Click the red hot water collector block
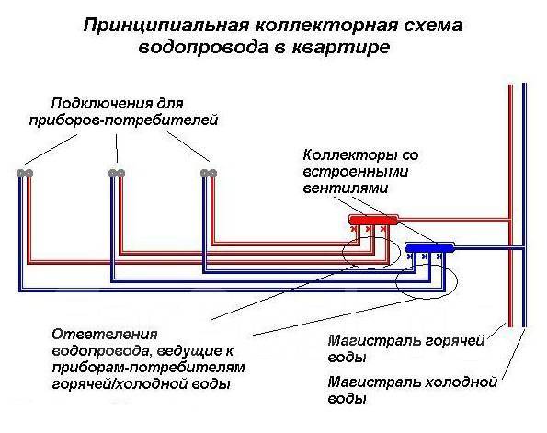coord(373,220)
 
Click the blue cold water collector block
coord(430,247)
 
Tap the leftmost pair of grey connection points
coord(25,173)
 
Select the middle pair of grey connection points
coord(117,173)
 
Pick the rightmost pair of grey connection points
coord(209,173)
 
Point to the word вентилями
coord(346,188)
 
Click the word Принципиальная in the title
coord(166,27)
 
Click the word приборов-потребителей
coord(123,120)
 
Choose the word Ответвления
coord(105,335)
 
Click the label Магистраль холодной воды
coord(413,390)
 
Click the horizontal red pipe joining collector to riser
coord(453,220)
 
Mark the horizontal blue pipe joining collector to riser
coord(488,247)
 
